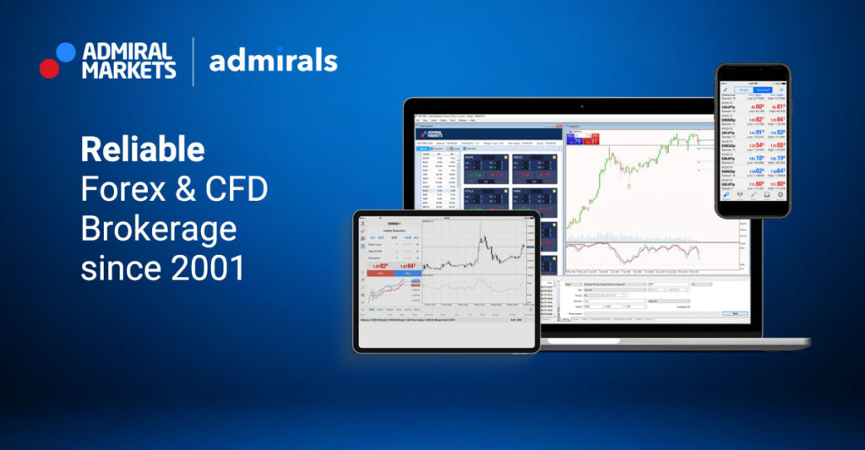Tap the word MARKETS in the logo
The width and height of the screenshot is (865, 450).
[x=128, y=70]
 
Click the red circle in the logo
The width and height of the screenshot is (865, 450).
[x=49, y=68]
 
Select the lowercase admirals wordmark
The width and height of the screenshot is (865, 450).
[x=273, y=61]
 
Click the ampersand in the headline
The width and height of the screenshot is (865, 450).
[x=193, y=190]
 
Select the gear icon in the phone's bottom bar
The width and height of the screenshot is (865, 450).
[x=780, y=194]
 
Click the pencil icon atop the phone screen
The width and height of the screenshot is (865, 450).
[x=725, y=89]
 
